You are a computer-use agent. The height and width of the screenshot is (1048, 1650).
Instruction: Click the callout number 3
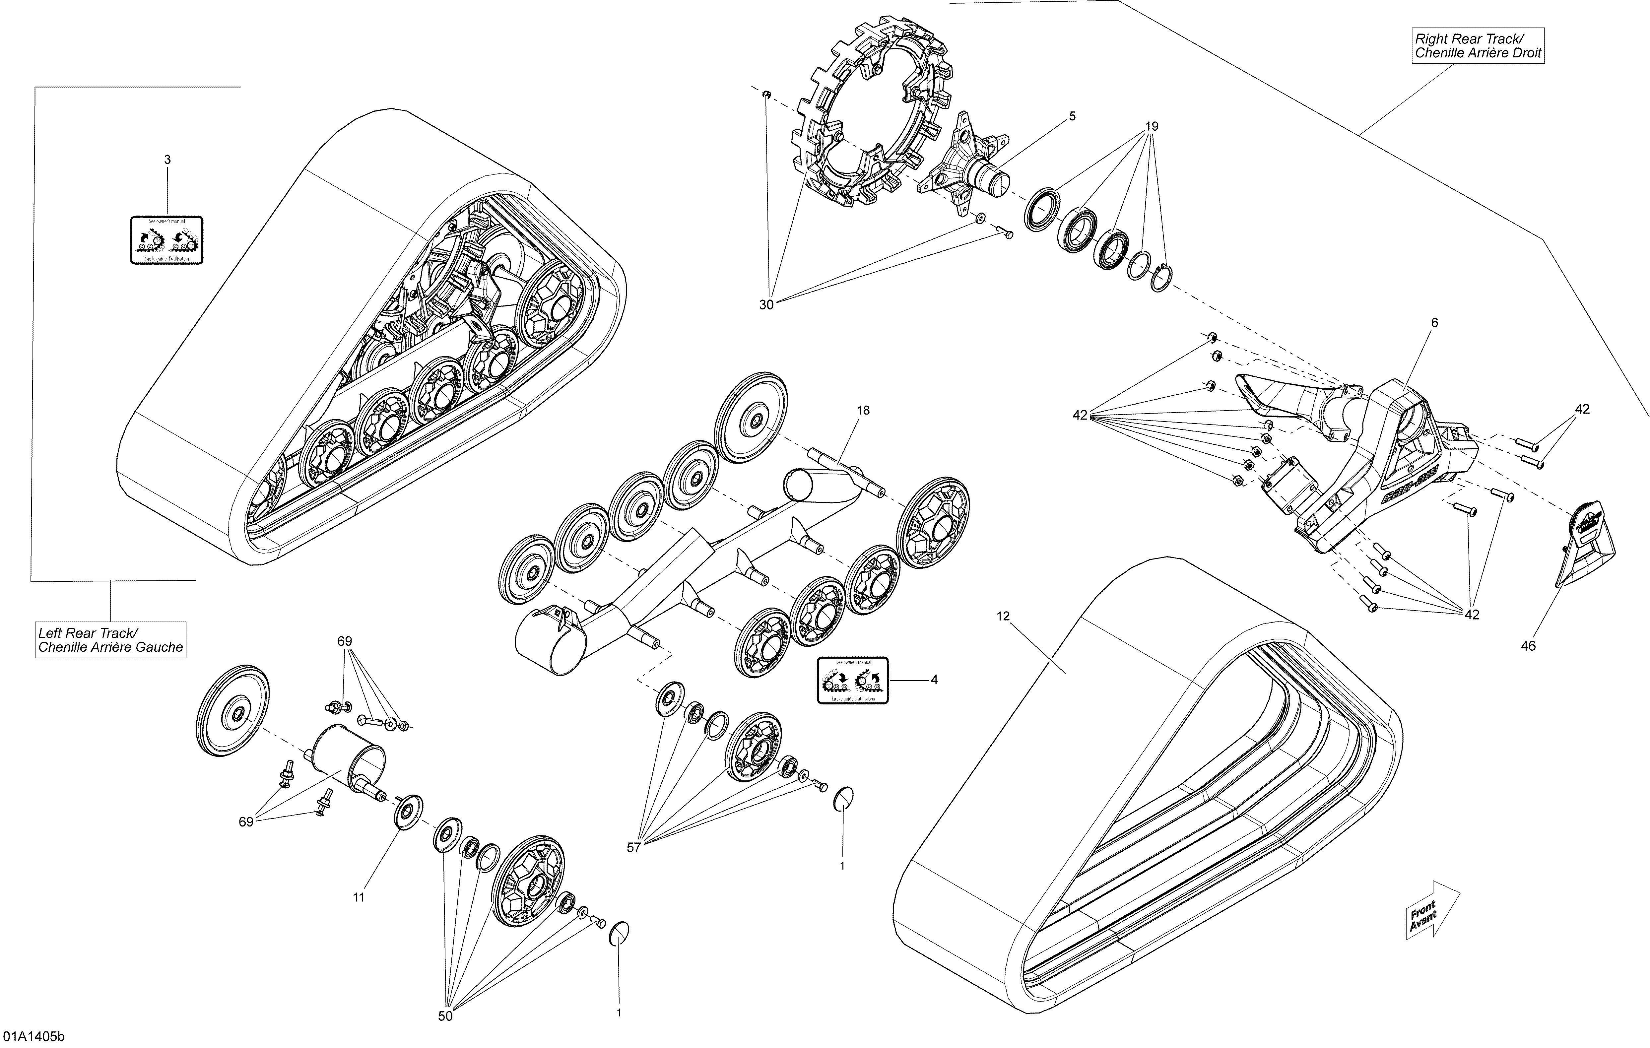(167, 160)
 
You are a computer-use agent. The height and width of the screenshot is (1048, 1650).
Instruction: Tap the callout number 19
(1152, 127)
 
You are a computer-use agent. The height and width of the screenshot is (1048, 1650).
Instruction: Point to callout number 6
(1434, 323)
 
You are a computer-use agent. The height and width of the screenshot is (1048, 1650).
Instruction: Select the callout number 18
(863, 410)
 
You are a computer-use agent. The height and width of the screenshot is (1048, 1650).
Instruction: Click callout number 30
(766, 305)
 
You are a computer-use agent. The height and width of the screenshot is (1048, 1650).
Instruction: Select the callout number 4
(934, 680)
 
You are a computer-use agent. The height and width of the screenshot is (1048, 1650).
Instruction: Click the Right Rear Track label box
(1478, 46)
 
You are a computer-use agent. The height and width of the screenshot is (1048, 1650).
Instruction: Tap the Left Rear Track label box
(110, 640)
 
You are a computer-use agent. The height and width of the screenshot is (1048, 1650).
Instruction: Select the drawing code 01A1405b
(34, 1036)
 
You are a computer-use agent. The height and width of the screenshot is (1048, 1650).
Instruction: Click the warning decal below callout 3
(166, 240)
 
